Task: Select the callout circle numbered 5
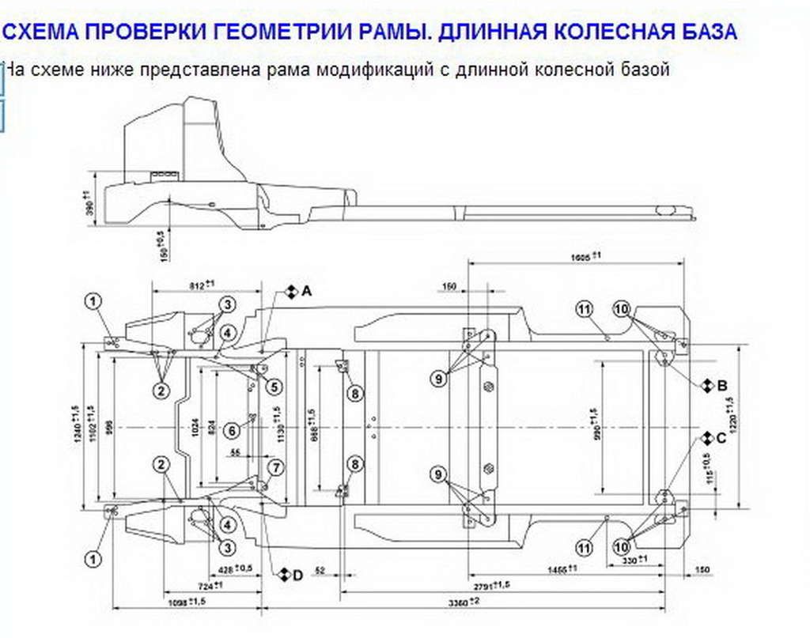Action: coord(274,387)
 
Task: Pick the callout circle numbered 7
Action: coord(274,467)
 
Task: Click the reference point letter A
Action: coord(307,291)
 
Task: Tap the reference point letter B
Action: coord(721,386)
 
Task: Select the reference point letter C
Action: coord(721,439)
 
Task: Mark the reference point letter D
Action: coord(297,576)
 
